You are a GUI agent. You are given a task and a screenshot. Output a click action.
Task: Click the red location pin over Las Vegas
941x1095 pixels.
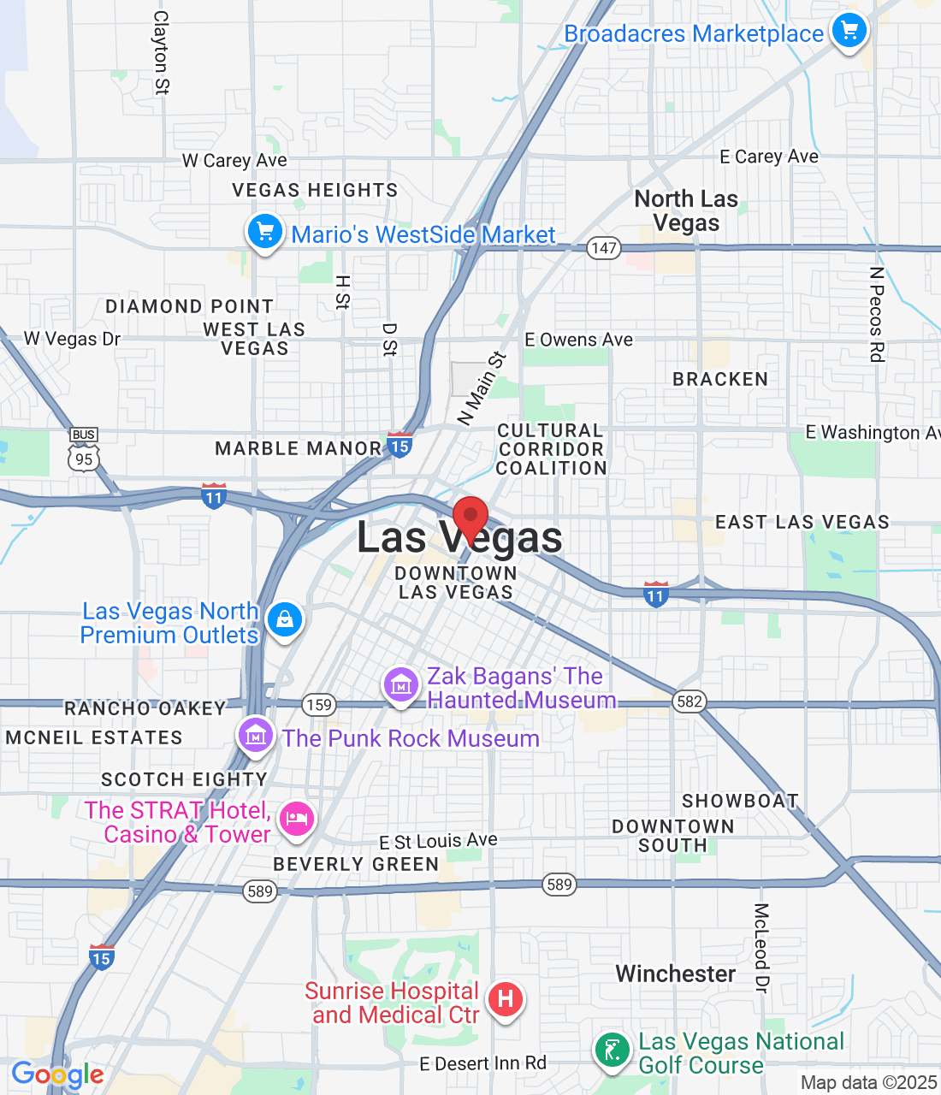(x=470, y=518)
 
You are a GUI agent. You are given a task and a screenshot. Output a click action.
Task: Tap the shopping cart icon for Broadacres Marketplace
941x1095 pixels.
(x=849, y=32)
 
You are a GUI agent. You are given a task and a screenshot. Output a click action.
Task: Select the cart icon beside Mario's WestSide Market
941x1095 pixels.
(x=265, y=232)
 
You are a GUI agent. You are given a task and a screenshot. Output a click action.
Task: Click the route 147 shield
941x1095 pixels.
(x=603, y=248)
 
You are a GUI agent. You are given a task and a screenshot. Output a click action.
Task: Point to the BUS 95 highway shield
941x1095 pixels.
(x=84, y=451)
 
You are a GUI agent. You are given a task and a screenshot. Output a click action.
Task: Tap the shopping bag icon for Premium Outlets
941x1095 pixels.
(x=285, y=619)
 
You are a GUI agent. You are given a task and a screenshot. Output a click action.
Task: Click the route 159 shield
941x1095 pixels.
(x=319, y=705)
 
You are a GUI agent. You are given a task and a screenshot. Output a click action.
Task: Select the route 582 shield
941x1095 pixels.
(x=689, y=701)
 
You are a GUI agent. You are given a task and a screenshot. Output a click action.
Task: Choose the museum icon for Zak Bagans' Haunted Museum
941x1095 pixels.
(x=400, y=685)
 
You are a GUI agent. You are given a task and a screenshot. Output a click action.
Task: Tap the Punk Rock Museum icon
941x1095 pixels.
(x=255, y=735)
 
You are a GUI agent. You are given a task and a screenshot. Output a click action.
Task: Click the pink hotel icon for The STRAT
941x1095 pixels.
(x=297, y=819)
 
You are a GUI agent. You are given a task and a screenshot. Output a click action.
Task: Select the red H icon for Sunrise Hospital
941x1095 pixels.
(x=506, y=998)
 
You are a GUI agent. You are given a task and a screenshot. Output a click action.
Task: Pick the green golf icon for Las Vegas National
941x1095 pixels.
(x=613, y=1049)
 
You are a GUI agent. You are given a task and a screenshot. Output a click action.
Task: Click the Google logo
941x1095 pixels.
(x=57, y=1074)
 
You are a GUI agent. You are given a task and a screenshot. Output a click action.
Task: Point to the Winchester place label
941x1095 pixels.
(x=675, y=974)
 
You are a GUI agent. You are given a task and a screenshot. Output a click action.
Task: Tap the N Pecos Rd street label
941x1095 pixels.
(x=876, y=314)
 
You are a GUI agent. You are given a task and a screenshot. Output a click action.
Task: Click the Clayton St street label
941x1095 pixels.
(x=161, y=52)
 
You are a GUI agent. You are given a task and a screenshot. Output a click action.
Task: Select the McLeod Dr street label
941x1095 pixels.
(x=761, y=948)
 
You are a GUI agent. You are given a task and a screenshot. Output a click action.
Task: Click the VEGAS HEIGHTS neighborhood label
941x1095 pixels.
(x=315, y=190)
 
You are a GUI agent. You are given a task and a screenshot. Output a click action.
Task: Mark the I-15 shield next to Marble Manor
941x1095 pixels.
(x=399, y=445)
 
